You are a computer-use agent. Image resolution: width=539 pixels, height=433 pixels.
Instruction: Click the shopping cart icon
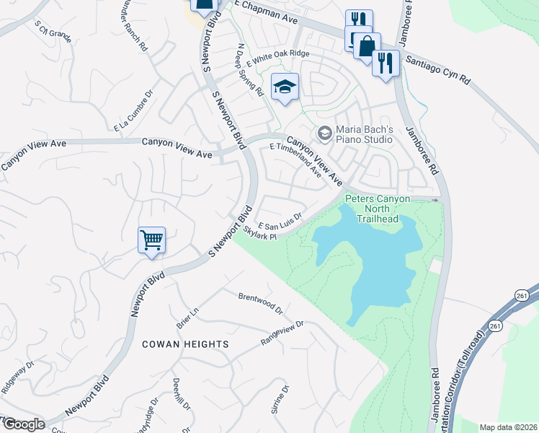(x=152, y=240)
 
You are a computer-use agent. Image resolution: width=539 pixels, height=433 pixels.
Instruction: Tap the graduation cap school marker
(x=285, y=88)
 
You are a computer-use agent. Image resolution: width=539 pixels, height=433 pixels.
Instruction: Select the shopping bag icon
(x=366, y=45)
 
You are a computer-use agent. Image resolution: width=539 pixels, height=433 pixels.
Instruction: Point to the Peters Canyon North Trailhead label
(x=378, y=209)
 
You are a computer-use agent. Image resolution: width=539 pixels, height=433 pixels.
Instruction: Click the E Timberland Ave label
(x=296, y=159)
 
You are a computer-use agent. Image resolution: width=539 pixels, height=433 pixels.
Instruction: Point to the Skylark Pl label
(x=260, y=234)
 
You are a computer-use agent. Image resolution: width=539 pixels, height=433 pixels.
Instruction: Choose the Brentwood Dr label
(x=261, y=302)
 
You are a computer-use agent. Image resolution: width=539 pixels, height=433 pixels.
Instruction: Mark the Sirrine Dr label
(x=280, y=400)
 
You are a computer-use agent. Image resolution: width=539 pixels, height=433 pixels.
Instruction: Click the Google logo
(x=23, y=424)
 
